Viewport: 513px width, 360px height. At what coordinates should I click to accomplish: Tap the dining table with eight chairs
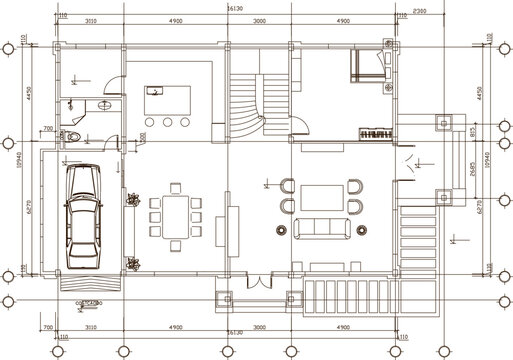(x=174, y=214)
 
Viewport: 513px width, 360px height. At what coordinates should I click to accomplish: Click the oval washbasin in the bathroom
(x=105, y=104)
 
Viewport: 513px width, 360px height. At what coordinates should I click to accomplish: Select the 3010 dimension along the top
(x=90, y=20)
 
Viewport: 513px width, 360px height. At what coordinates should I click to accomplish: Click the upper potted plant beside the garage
(x=130, y=197)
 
